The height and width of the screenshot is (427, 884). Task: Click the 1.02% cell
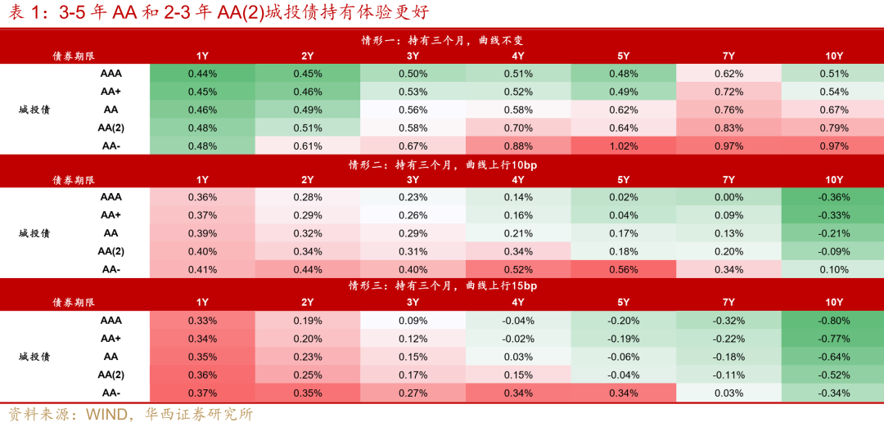pos(624,145)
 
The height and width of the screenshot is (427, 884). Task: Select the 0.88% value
pos(518,145)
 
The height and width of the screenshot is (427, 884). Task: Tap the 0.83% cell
pos(728,127)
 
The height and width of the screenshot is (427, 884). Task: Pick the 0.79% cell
pos(833,127)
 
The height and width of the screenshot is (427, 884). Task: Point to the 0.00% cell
pos(728,196)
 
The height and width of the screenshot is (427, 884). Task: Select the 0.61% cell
pos(308,145)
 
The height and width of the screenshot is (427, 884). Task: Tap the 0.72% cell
pos(728,91)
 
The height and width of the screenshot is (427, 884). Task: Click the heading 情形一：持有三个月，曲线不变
pos(442,39)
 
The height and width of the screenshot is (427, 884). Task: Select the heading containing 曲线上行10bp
pos(442,164)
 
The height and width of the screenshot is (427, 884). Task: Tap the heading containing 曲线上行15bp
pos(442,285)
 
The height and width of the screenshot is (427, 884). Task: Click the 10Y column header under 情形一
pos(833,56)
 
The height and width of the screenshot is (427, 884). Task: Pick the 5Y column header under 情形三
pos(624,303)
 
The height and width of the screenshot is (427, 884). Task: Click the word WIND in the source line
pos(106,414)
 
